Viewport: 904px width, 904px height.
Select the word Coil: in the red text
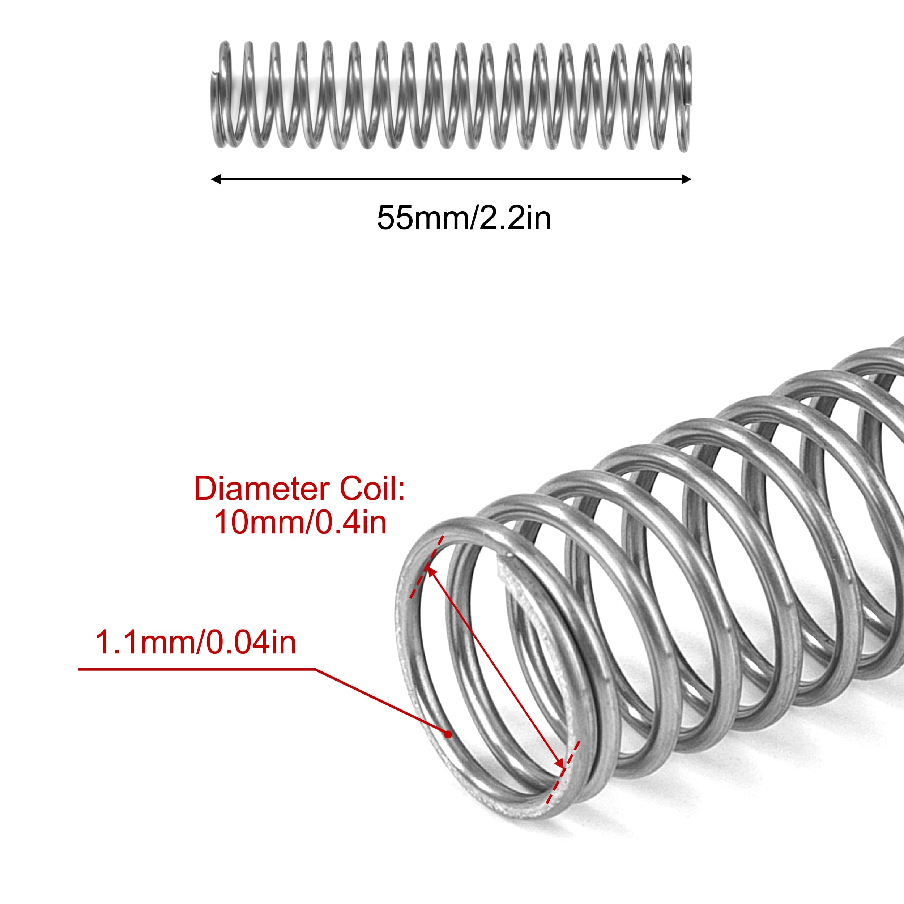(372, 489)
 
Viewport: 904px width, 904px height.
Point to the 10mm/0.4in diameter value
(300, 523)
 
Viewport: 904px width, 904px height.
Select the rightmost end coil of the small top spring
(686, 98)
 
